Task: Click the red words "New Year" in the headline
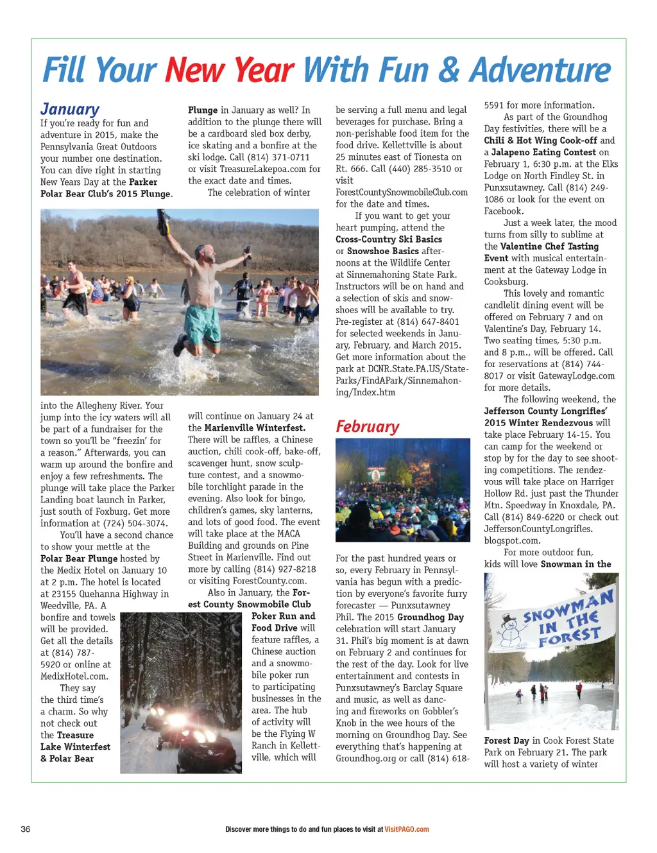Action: (x=229, y=71)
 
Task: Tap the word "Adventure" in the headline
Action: (x=540, y=71)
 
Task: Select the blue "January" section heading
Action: (x=70, y=109)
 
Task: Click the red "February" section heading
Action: (x=367, y=427)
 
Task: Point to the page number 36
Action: (x=26, y=829)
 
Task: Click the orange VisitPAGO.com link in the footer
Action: (x=407, y=829)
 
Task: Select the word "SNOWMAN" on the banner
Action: (x=568, y=607)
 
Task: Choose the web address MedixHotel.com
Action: (x=74, y=676)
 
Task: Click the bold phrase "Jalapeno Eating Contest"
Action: (x=543, y=152)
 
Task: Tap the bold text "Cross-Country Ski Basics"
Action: (x=389, y=239)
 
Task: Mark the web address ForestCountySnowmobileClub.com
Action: (x=402, y=192)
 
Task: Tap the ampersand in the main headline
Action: (x=451, y=71)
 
